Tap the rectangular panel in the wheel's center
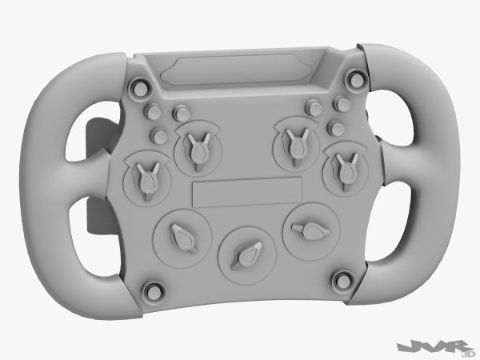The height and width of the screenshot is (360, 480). pos(247,191)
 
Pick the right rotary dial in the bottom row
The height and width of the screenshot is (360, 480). pos(308,230)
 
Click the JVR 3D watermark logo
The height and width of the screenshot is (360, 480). pos(438,346)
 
